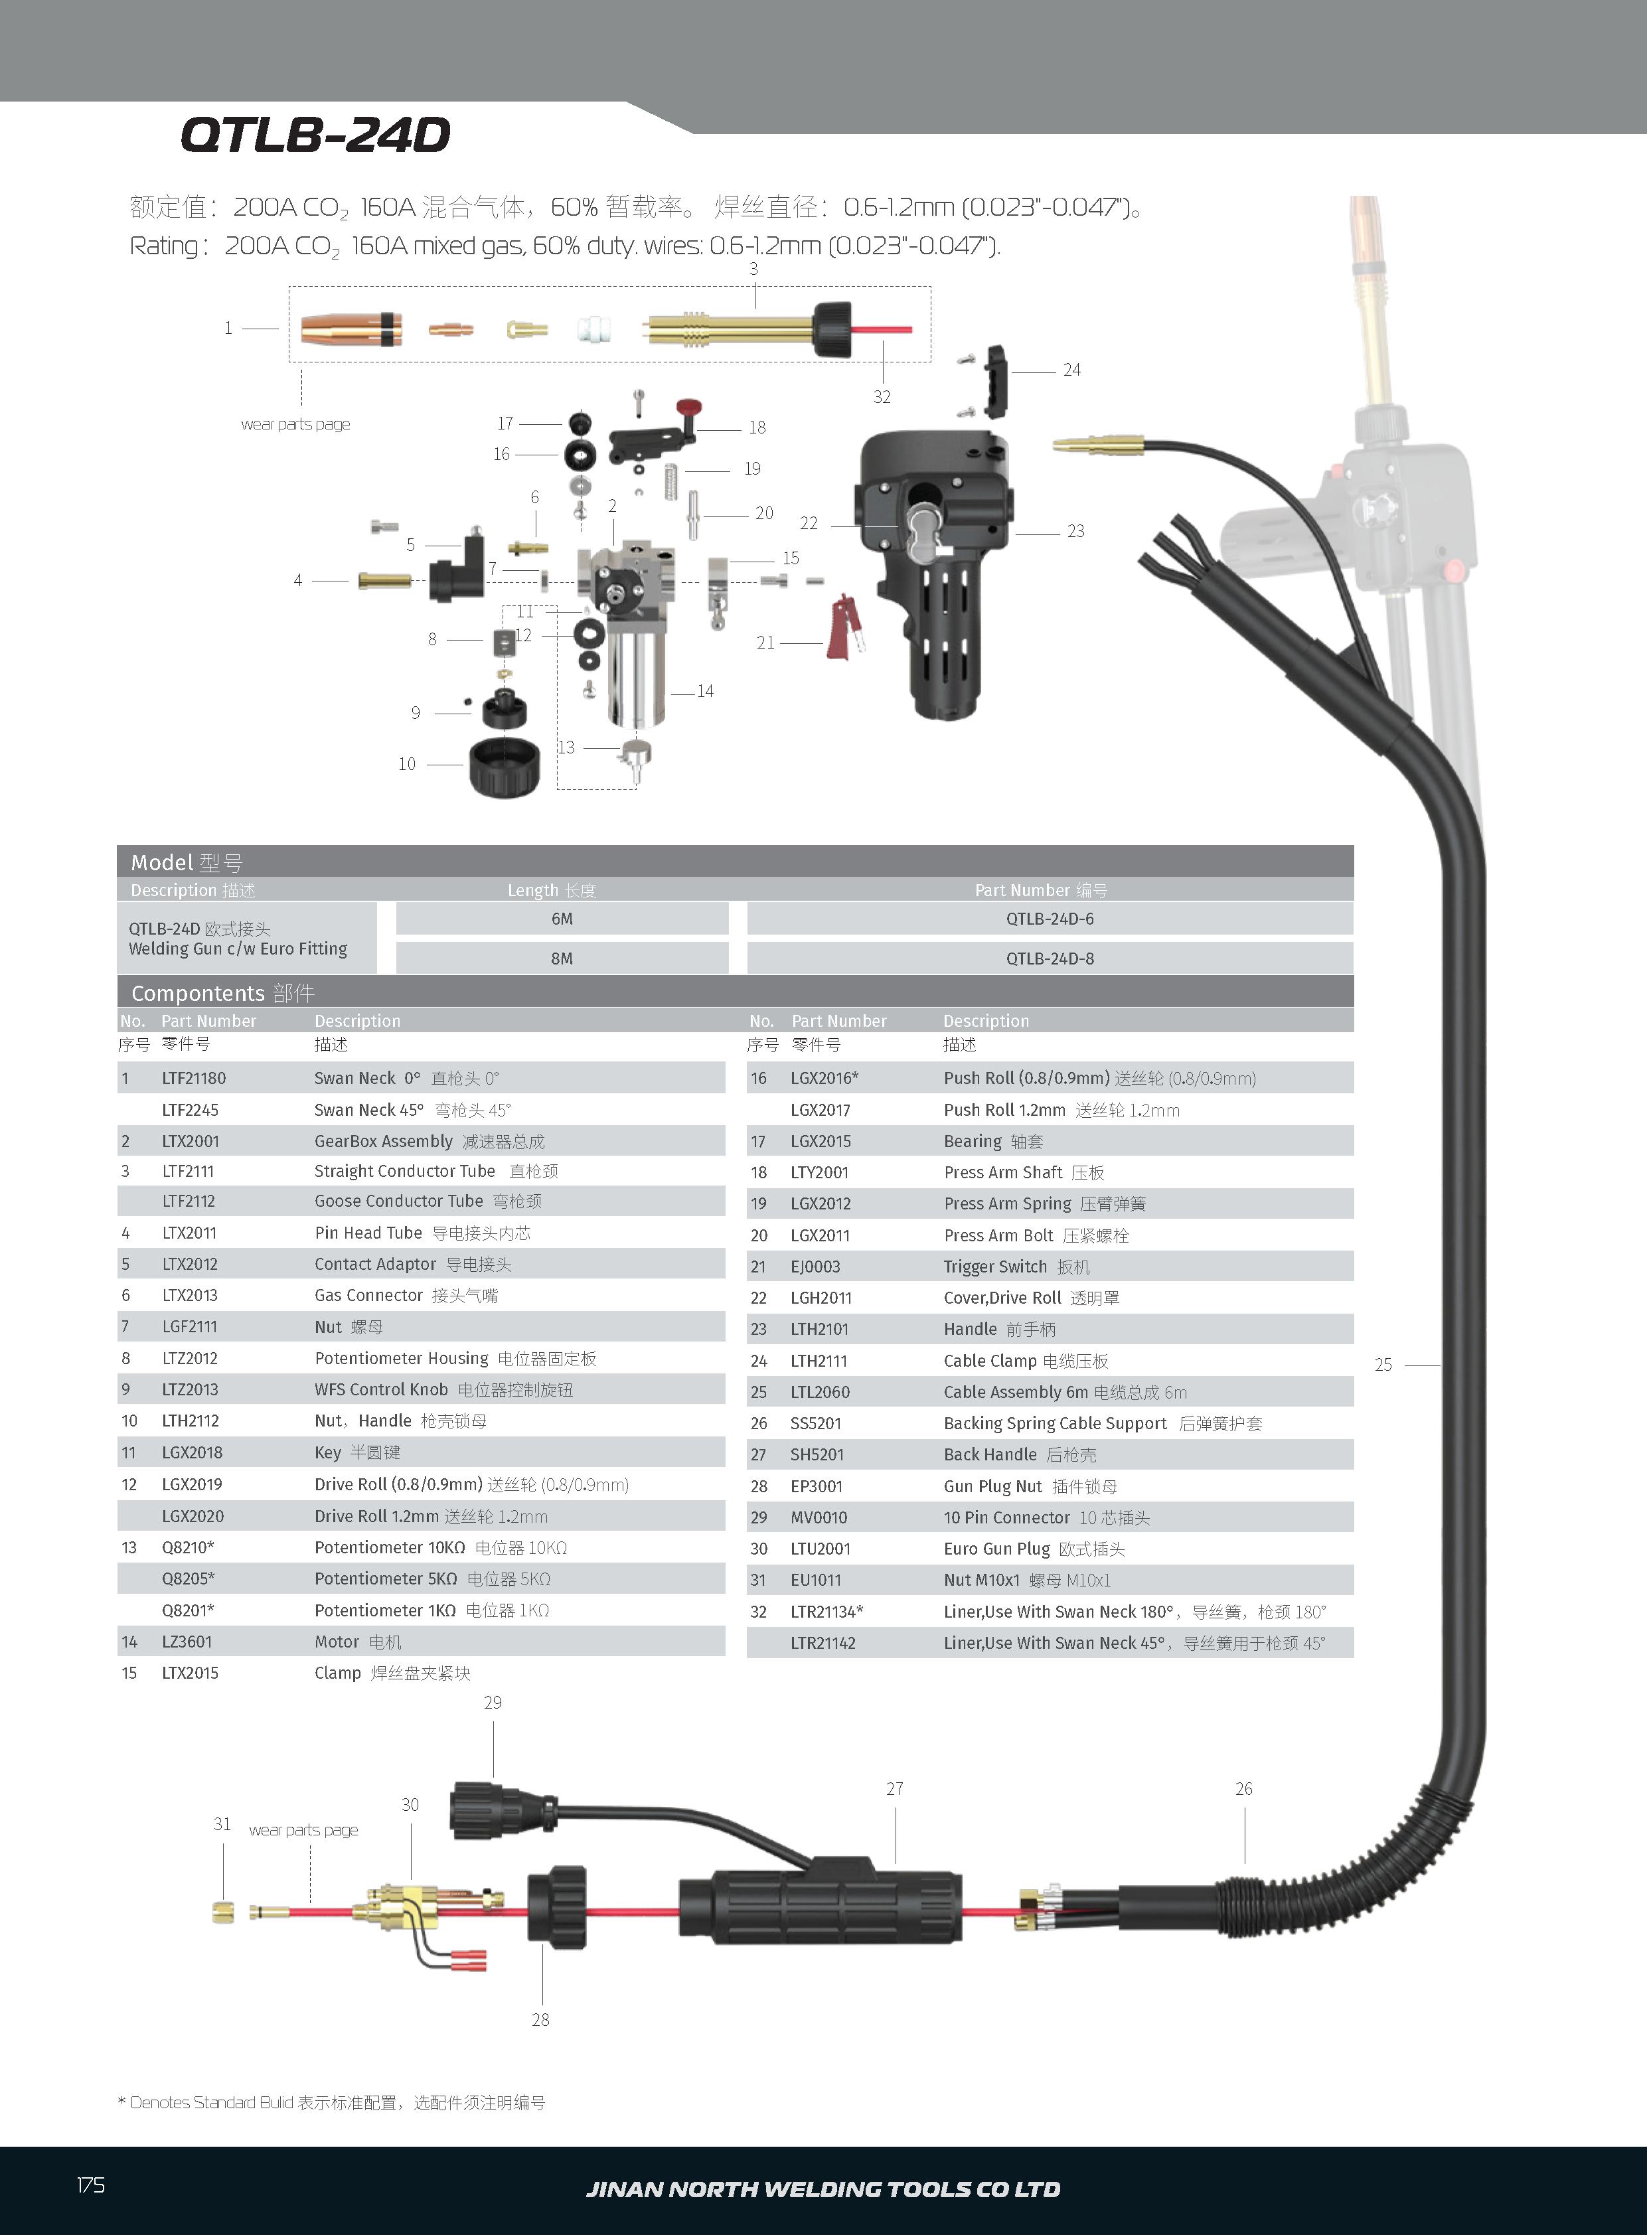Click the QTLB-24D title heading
[315, 135]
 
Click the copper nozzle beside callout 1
[350, 329]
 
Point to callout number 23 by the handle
[1075, 531]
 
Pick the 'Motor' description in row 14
[337, 1642]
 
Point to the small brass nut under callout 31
[223, 1912]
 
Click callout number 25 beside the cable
[1383, 1365]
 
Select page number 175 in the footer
[91, 2185]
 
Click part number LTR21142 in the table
[823, 1643]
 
